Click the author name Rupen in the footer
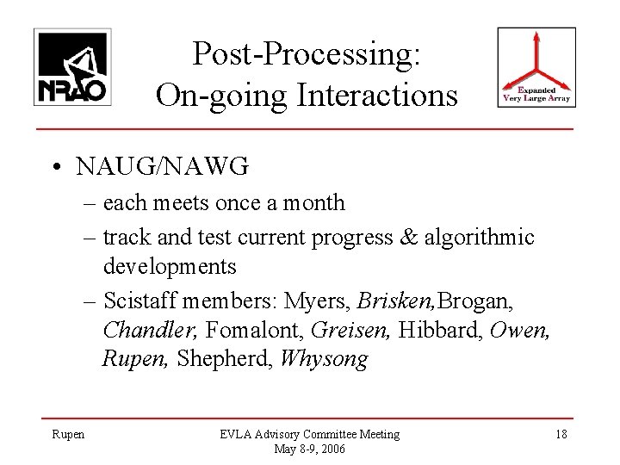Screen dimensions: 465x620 68,434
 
